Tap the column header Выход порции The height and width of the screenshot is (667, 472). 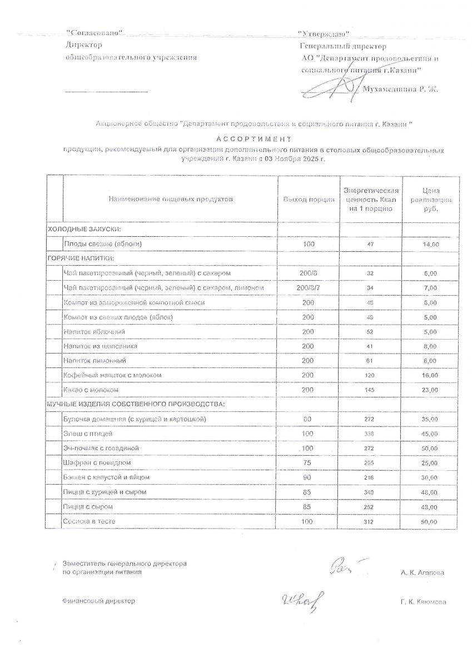pyautogui.click(x=309, y=199)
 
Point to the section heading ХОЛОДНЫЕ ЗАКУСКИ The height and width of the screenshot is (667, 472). pyautogui.click(x=85, y=229)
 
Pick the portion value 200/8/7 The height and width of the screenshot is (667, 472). pyautogui.click(x=309, y=288)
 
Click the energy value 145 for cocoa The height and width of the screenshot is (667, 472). pyautogui.click(x=370, y=390)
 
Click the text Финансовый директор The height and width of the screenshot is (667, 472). pyautogui.click(x=99, y=601)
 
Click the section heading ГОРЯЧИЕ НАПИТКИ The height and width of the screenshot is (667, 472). pyautogui.click(x=81, y=258)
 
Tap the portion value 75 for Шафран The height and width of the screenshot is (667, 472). pyautogui.click(x=309, y=462)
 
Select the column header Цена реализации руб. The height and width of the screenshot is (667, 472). pyautogui.click(x=431, y=199)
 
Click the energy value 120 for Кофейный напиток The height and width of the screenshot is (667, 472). pyautogui.click(x=370, y=375)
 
